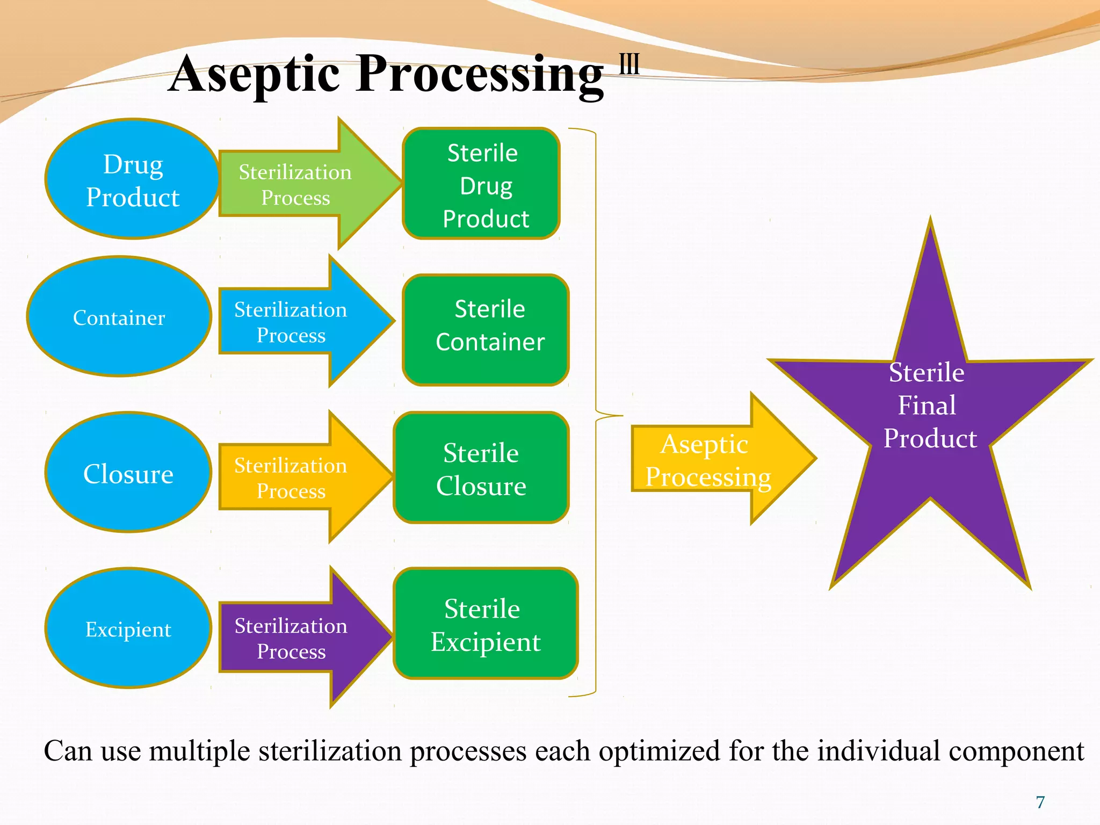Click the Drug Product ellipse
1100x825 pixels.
pos(132,179)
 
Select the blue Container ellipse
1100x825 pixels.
pos(119,317)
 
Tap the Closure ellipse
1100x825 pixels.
pos(128,473)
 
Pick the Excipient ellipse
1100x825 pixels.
pos(128,628)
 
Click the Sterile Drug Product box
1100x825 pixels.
pos(481,184)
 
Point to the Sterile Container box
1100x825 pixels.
pos(486,330)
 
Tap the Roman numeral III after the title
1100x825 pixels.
pos(629,64)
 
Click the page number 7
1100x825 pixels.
pos(1040,802)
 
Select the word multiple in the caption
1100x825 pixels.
pos(199,751)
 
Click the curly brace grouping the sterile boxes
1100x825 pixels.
pos(596,414)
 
